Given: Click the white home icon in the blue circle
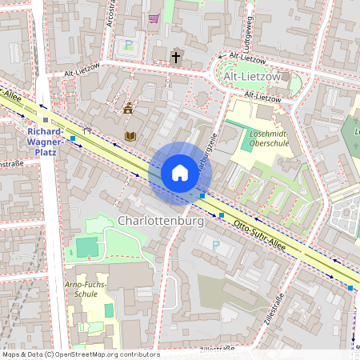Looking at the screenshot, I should (x=180, y=173).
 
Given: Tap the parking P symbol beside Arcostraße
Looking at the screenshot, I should (x=129, y=45).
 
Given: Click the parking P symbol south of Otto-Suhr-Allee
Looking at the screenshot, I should (x=215, y=246).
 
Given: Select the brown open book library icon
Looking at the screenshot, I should (x=130, y=136).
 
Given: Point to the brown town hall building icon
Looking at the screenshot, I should (x=128, y=107).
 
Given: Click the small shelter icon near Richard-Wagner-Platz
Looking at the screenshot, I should (x=86, y=130).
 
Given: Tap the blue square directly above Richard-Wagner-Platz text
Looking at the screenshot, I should (x=46, y=120).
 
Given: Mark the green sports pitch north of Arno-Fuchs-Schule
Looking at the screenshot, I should (x=86, y=247).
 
